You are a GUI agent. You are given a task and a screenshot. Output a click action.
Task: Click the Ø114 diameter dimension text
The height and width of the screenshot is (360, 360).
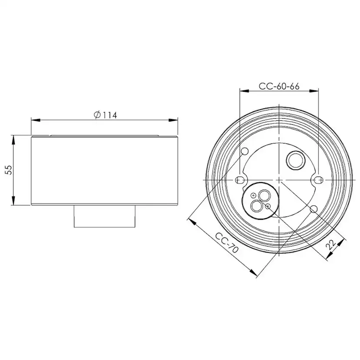pyautogui.click(x=105, y=115)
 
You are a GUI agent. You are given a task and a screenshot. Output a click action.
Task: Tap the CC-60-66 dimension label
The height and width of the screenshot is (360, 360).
pyautogui.click(x=279, y=86)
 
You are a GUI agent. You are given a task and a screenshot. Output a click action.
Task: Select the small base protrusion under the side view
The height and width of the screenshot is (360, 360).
pyautogui.click(x=105, y=216)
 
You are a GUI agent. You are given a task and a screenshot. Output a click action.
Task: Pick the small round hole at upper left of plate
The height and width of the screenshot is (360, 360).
pyautogui.click(x=245, y=151)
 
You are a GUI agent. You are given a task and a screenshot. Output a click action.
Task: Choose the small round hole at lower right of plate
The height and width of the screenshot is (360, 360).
pyautogui.click(x=313, y=209)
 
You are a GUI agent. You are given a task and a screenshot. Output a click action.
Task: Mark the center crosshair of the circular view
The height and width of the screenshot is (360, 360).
pyautogui.click(x=279, y=180)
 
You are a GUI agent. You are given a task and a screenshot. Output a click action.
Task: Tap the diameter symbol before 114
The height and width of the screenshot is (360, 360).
pyautogui.click(x=97, y=115)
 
